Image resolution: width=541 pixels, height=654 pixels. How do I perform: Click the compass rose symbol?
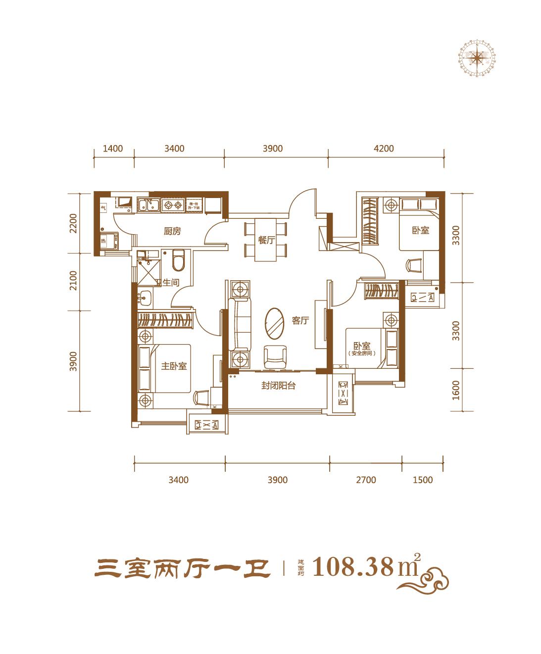coord(476,58)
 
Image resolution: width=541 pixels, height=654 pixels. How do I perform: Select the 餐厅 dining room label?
coord(266,241)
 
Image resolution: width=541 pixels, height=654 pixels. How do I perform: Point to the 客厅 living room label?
coord(300,320)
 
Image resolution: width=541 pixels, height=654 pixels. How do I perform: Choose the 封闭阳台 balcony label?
coord(279,386)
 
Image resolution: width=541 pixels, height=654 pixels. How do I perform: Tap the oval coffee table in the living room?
coord(275,322)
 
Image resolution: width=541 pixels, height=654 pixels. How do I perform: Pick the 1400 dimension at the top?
coord(113,148)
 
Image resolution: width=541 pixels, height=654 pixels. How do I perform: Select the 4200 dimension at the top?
coord(384,148)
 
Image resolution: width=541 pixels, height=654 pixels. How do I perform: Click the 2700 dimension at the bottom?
coord(366,480)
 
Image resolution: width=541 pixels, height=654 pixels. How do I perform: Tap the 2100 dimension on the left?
coord(74,280)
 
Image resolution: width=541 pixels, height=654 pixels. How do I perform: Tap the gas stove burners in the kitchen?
coord(174,205)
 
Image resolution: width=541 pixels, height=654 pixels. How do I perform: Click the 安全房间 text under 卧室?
coord(362,353)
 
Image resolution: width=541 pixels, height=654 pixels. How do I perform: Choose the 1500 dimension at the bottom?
coord(422,480)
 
